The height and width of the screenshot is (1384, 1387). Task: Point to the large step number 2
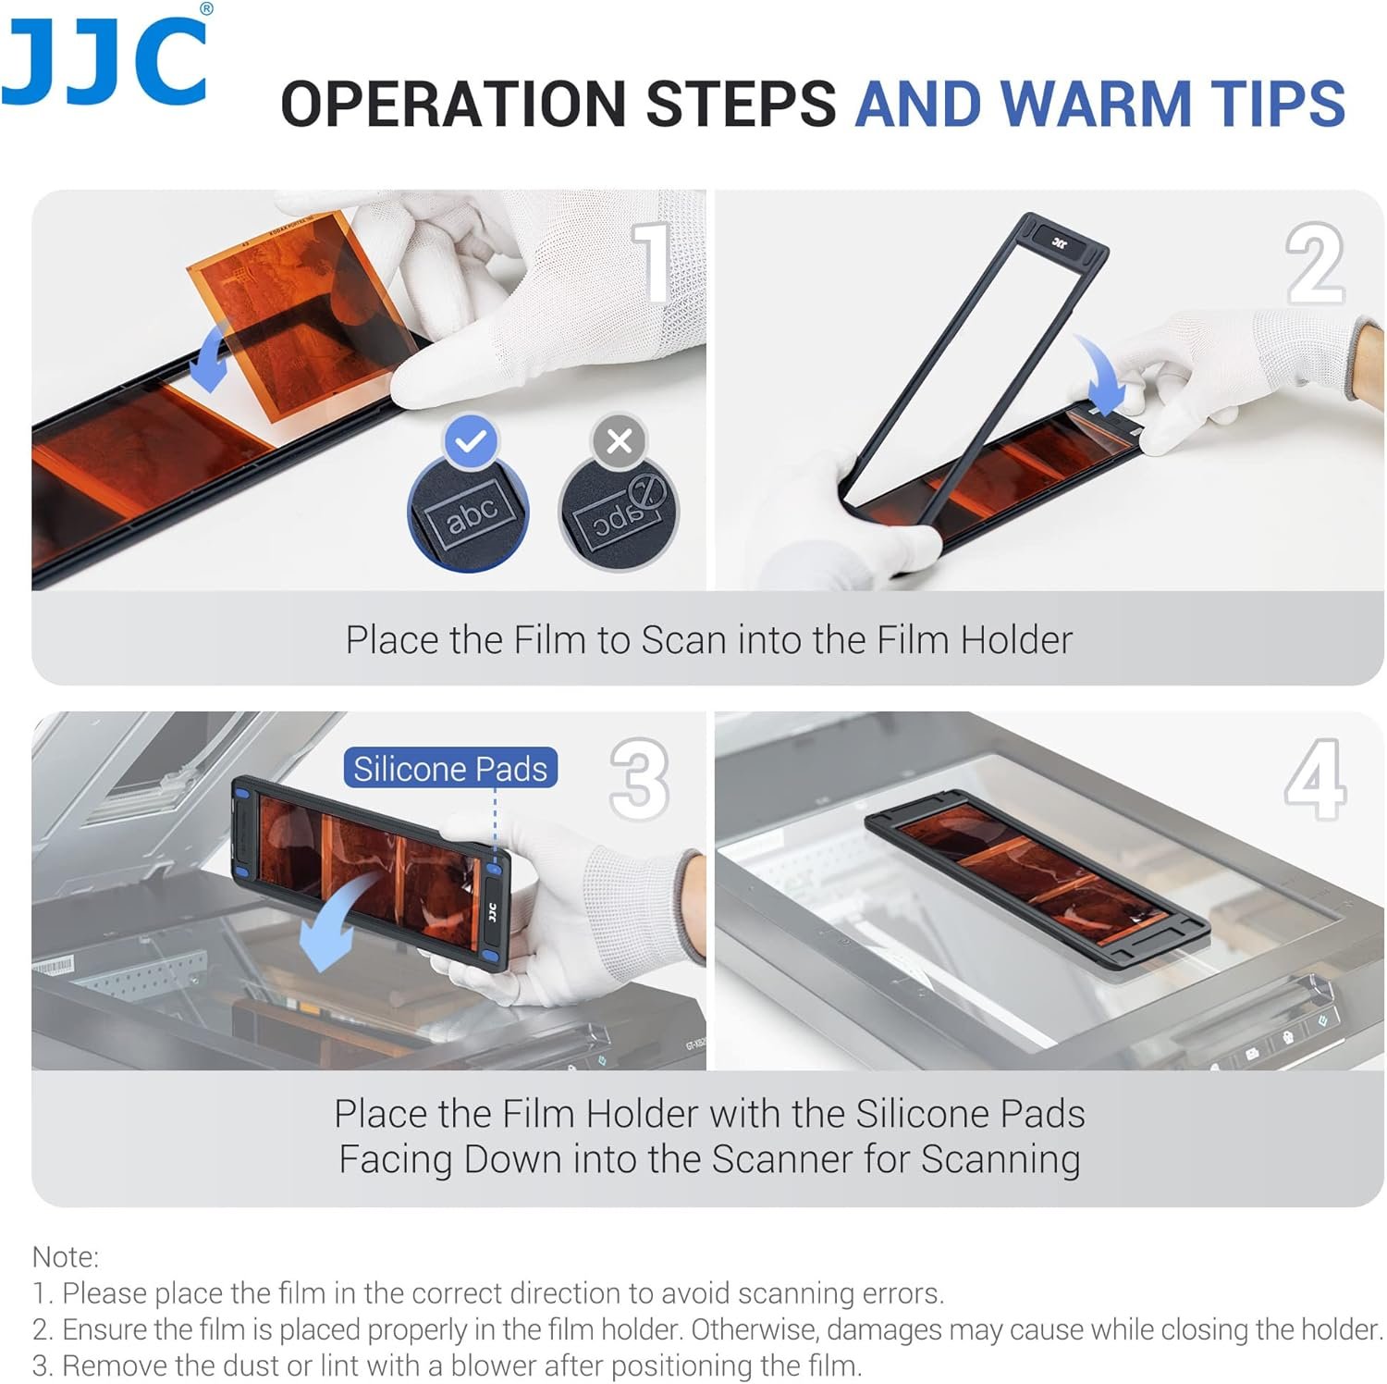1315,264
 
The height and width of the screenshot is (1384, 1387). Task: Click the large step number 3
639,778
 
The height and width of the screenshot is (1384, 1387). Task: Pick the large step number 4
1315,778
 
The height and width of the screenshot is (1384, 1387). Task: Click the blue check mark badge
472,441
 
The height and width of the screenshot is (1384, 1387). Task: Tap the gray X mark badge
620,441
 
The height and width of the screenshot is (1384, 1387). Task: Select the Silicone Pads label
450,769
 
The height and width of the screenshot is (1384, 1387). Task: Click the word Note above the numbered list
65,1256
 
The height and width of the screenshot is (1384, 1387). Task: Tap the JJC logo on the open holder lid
1060,242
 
